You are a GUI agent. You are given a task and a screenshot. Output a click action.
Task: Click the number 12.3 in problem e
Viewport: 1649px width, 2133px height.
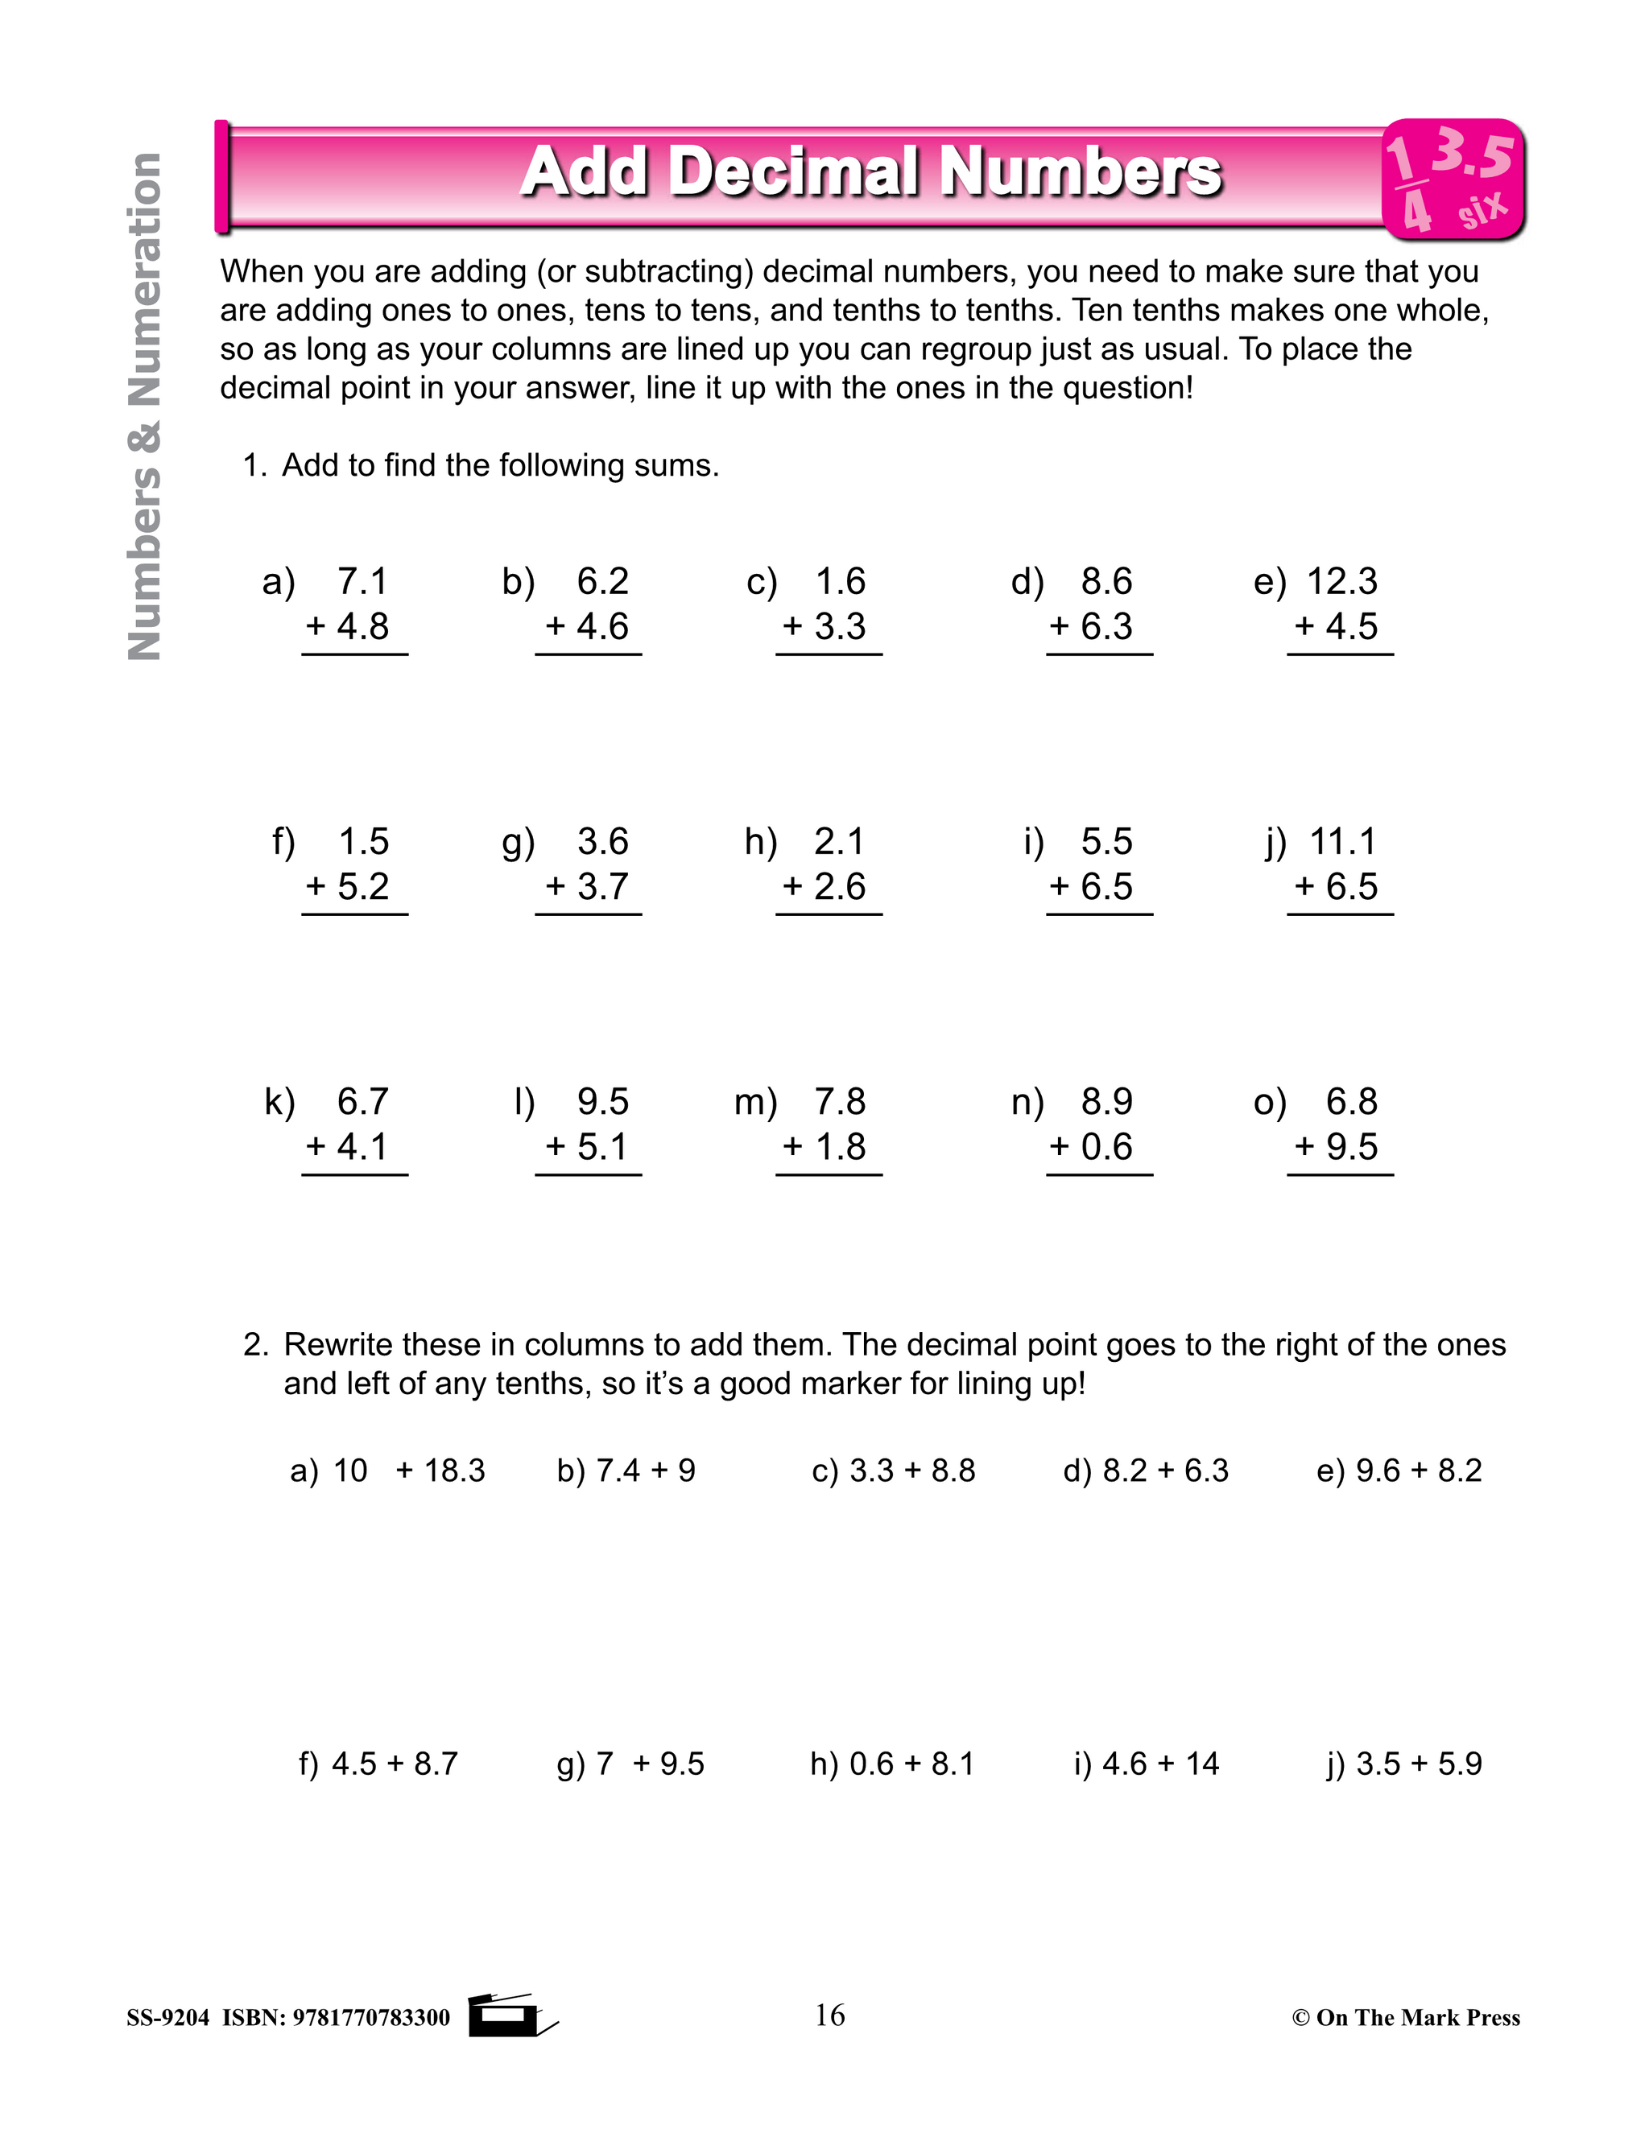[x=1341, y=582]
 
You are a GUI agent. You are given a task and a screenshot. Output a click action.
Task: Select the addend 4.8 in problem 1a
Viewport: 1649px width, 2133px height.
[x=362, y=627]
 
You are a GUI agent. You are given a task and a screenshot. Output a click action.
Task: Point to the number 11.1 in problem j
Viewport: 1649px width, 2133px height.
[x=1342, y=842]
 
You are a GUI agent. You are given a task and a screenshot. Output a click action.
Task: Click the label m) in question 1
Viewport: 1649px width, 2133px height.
[x=755, y=1103]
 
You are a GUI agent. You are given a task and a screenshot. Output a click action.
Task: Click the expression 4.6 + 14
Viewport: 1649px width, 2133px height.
[x=1160, y=1764]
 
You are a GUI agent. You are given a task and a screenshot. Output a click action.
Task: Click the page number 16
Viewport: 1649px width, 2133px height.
[x=829, y=2015]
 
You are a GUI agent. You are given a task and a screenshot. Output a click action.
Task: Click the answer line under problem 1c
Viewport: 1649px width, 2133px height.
[x=829, y=654]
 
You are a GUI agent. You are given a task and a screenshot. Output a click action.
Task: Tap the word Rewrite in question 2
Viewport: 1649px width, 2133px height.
[x=338, y=1345]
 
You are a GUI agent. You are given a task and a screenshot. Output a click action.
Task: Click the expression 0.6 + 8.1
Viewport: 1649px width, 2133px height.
[x=911, y=1764]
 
